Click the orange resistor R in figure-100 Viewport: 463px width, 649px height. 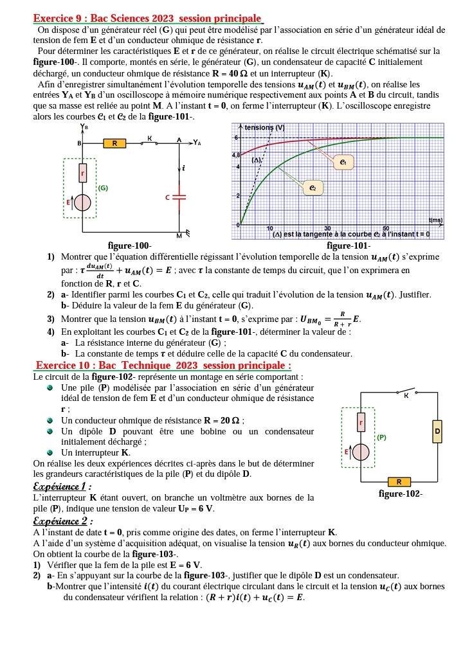114,143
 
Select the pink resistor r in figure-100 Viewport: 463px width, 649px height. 82,173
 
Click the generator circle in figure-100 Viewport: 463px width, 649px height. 82,202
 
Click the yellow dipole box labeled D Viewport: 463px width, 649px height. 438,431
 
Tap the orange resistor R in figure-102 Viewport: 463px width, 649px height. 399,481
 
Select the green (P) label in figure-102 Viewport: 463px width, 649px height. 381,436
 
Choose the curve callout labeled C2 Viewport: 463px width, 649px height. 312,188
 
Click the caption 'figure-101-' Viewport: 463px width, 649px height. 348,245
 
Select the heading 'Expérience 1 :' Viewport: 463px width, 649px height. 62,486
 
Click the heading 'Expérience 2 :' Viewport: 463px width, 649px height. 62,521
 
